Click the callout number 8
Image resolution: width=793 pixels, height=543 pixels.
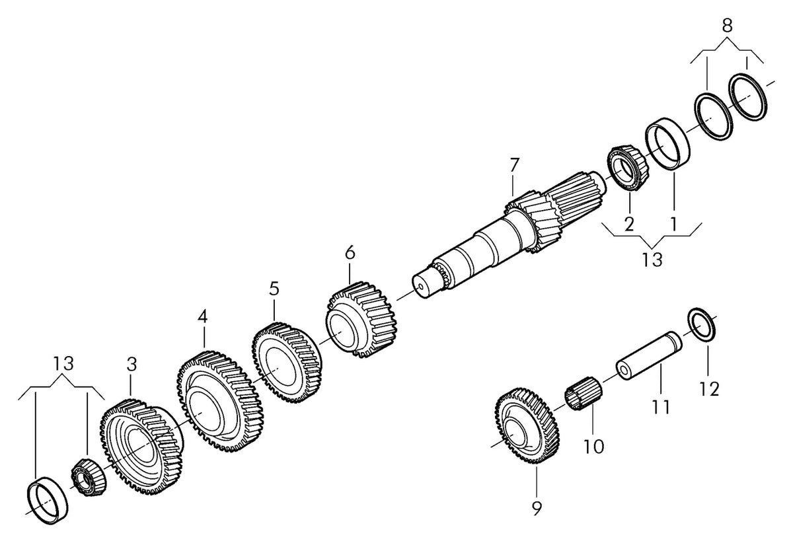pos(727,26)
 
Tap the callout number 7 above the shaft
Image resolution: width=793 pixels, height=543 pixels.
pos(514,166)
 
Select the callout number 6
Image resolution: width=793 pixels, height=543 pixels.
pos(350,254)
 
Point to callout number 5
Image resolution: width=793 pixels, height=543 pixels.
pos(274,289)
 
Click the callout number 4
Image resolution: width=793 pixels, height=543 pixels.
pos(202,317)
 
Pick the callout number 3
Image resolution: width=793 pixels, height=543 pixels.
pos(132,364)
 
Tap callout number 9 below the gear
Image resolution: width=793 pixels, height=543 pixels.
pos(537,509)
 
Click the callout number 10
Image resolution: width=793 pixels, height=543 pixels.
pos(593,447)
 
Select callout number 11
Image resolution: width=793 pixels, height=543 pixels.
pos(661,406)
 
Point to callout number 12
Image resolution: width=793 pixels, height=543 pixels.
pos(709,389)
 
